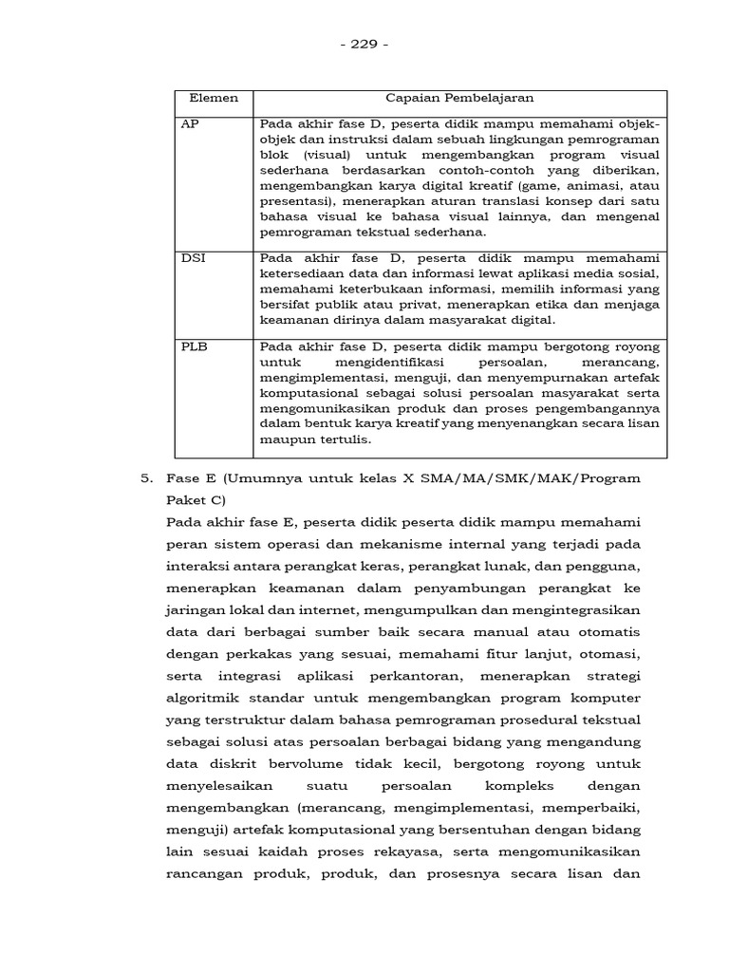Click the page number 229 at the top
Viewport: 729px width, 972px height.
364,44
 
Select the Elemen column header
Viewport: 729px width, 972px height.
214,99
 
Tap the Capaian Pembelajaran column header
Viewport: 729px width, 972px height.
459,99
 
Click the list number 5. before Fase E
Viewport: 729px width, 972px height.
148,479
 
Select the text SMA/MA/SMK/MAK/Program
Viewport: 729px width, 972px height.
551,479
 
